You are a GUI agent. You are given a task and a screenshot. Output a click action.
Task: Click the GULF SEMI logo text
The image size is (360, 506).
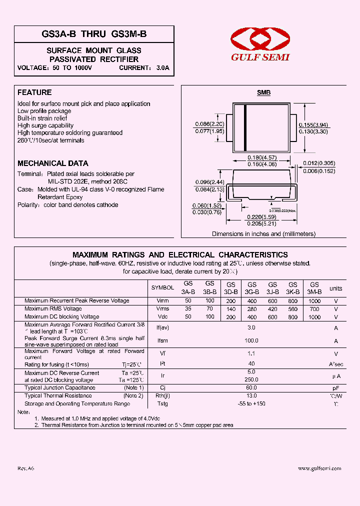coord(260,57)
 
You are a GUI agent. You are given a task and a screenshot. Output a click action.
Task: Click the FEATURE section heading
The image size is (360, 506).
coord(34,92)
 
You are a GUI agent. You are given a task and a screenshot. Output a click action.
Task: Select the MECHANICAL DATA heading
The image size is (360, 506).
coord(52,163)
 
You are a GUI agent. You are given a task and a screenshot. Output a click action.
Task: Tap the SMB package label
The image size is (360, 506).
coord(263,93)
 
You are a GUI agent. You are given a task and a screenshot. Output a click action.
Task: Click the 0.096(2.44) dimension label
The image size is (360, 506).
coord(209,181)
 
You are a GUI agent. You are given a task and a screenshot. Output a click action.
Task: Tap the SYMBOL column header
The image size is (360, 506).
coord(162,288)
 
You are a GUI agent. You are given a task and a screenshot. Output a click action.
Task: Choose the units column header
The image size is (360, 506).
coord(335,288)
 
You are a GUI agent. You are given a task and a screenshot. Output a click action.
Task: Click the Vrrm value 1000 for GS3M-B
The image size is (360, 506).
coord(314,301)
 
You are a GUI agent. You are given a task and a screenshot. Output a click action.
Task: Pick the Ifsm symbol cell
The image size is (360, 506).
coord(162,341)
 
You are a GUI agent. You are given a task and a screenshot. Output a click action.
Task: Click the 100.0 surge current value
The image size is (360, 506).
coord(251,340)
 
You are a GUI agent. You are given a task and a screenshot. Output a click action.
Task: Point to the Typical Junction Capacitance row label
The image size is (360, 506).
coord(60,388)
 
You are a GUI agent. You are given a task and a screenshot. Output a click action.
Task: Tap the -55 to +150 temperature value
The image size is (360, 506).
coord(251,404)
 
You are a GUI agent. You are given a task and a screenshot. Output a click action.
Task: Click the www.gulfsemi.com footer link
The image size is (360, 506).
coord(319,468)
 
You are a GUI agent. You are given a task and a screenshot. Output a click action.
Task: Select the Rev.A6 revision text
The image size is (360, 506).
coord(26,468)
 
